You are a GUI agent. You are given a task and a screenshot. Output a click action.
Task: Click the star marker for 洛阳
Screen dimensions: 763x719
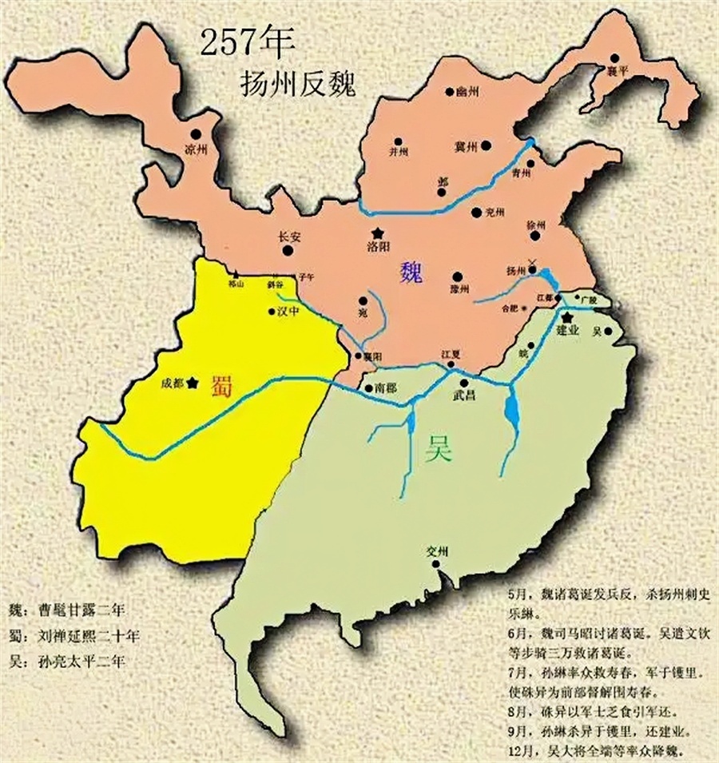[x=377, y=232]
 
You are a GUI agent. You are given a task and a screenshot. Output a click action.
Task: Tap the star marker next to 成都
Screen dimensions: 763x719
[x=193, y=383]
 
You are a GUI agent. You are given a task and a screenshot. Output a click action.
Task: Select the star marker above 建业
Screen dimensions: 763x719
[x=568, y=317]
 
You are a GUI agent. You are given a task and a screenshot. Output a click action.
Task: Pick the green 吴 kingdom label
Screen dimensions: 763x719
[x=439, y=451]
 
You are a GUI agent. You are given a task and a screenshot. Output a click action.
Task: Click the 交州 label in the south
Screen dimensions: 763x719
[x=438, y=551]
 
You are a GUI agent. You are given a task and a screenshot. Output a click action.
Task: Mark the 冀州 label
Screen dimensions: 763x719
[x=466, y=147]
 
